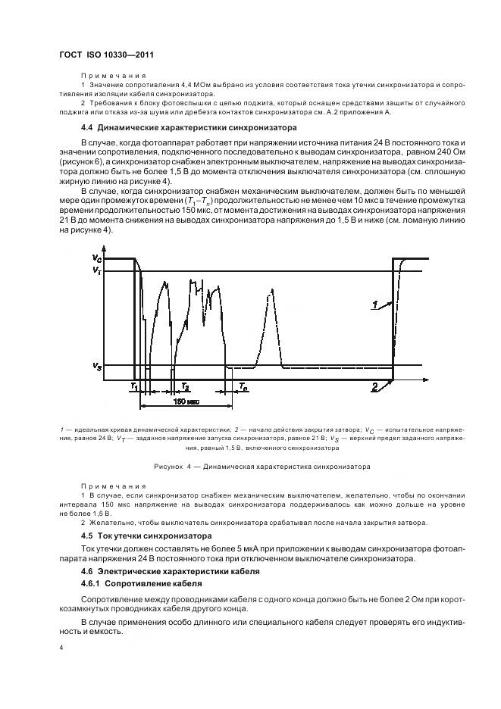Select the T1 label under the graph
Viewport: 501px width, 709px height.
[133, 386]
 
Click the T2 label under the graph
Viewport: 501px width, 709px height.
[184, 386]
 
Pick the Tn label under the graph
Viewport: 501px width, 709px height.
[242, 386]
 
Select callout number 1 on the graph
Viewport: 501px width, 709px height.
[374, 305]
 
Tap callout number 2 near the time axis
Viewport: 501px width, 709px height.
[374, 387]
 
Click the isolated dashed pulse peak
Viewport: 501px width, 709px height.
[272, 292]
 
